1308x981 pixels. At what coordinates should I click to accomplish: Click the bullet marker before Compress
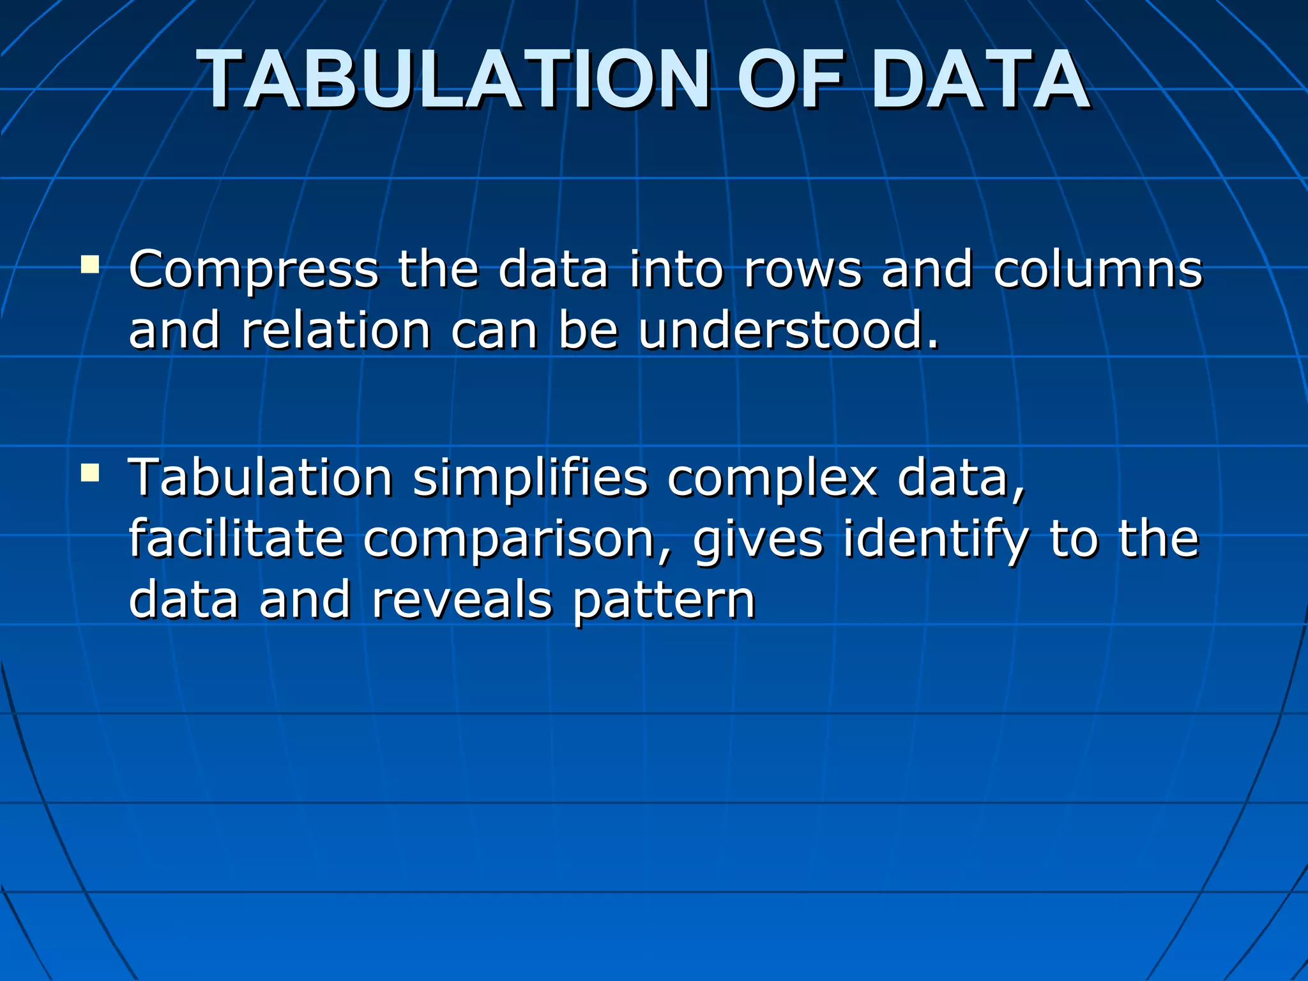(90, 264)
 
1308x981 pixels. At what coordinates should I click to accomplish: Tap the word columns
(1098, 270)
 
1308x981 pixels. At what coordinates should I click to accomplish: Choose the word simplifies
(530, 477)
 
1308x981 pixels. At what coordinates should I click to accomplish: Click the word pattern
(664, 602)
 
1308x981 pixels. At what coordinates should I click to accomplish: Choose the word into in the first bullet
(676, 270)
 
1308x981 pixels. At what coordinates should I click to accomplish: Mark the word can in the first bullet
(494, 332)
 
